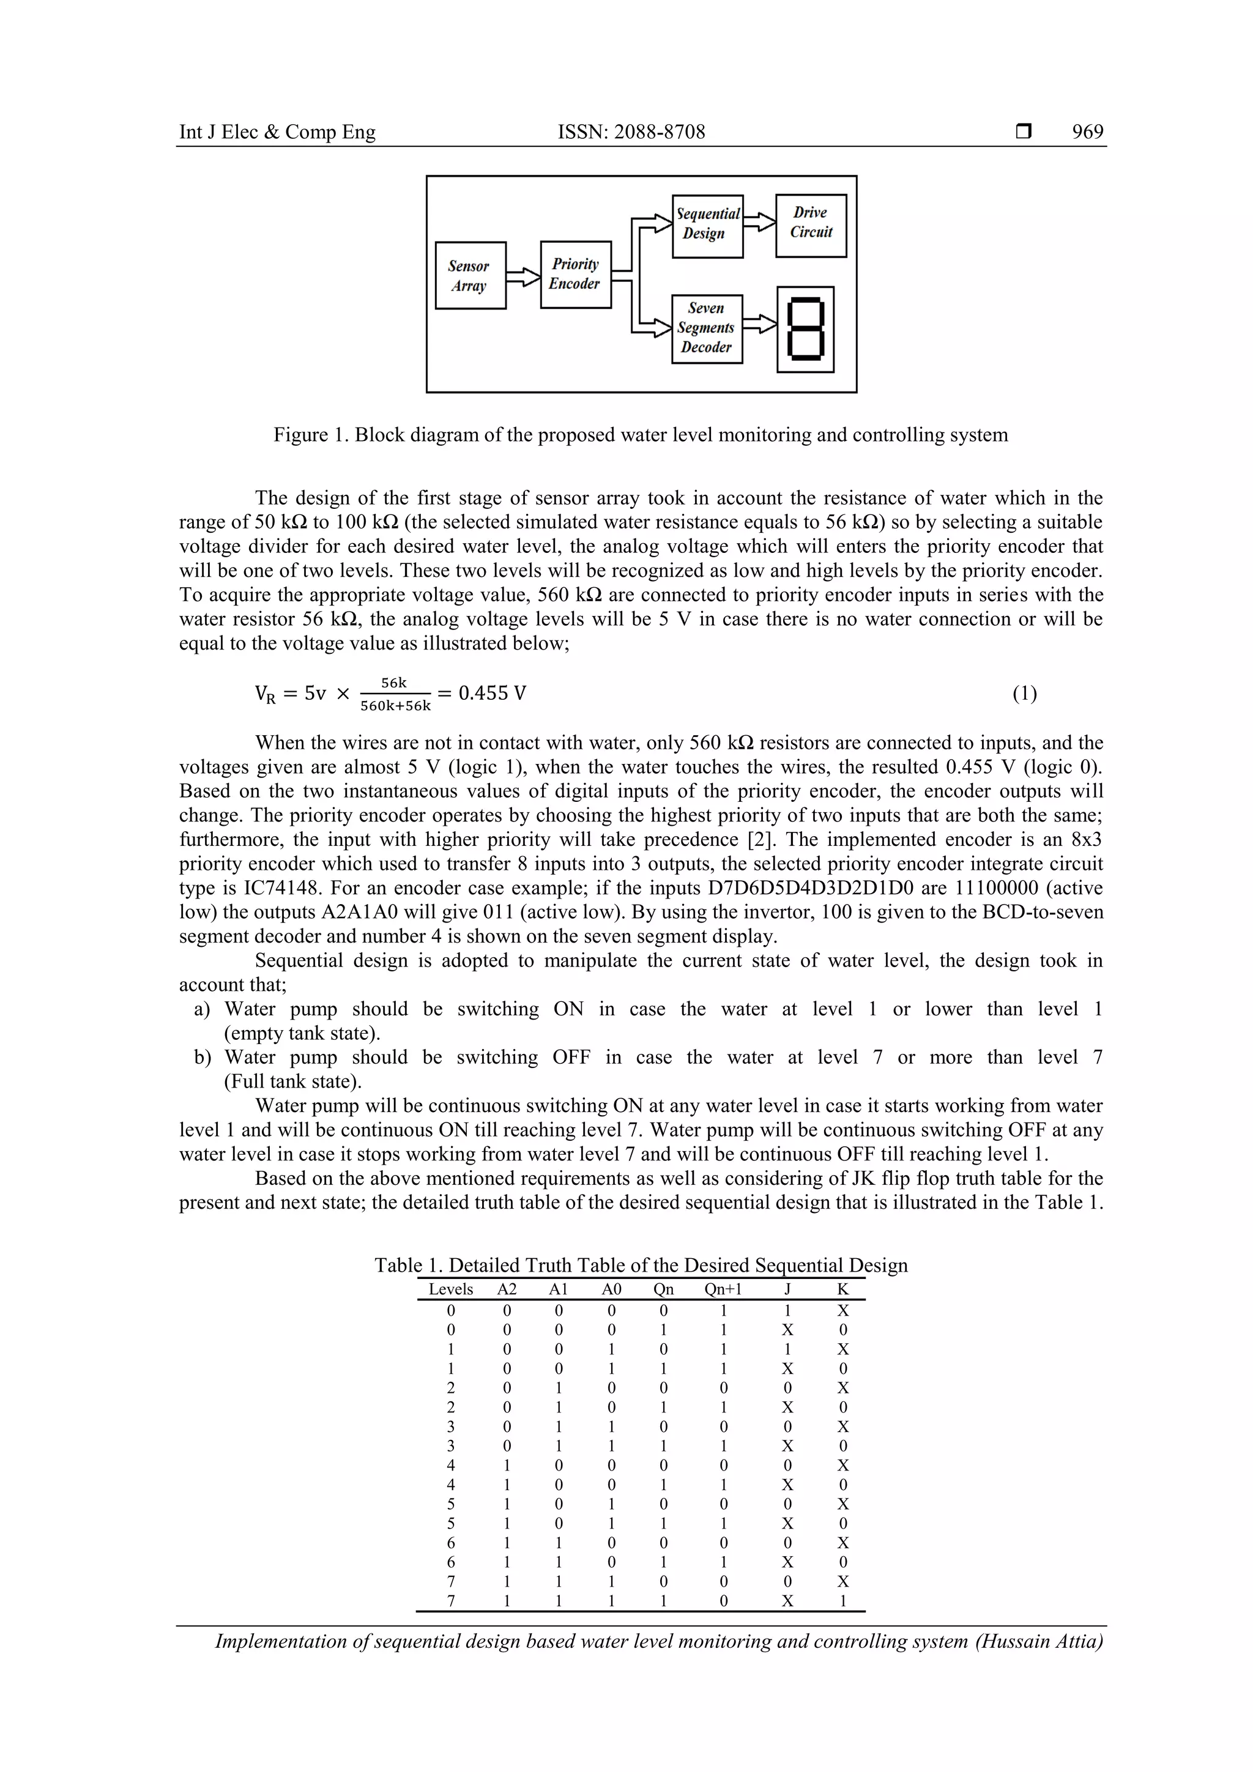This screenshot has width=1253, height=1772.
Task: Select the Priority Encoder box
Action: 575,274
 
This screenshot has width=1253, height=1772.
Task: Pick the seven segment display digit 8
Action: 805,330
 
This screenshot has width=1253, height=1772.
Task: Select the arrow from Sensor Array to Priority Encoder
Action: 522,276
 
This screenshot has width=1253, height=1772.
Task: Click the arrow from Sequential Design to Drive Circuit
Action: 759,222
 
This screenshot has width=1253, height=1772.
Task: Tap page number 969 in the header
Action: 1087,132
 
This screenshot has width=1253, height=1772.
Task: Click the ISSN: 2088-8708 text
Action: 631,132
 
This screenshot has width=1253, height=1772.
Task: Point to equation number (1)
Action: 1024,693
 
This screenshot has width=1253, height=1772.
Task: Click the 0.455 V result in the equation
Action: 492,693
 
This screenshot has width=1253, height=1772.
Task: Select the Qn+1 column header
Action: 723,1289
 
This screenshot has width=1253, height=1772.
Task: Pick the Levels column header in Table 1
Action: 451,1289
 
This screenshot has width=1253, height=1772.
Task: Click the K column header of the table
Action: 842,1289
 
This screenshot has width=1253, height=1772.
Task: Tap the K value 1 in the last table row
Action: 842,1601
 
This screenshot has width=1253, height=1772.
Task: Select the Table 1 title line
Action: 641,1265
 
